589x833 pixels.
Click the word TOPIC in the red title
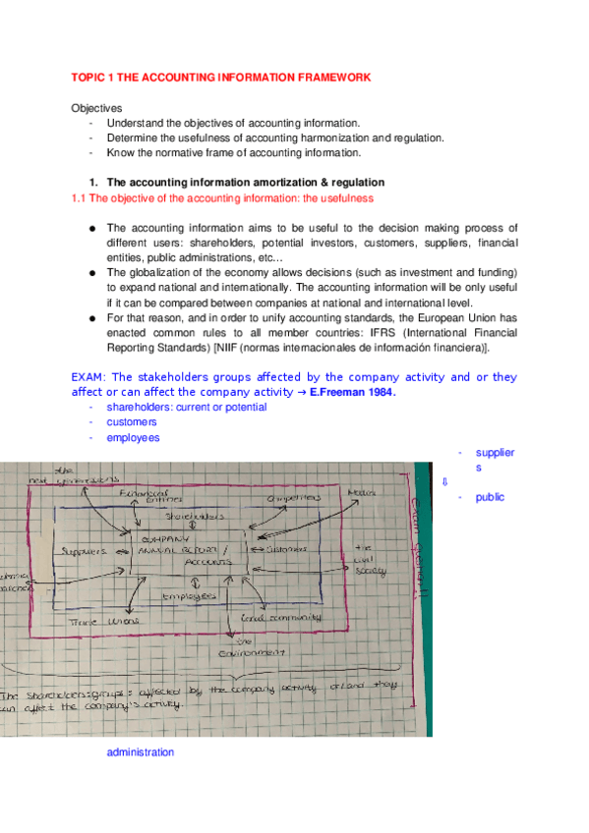(88, 78)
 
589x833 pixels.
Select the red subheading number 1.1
(80, 197)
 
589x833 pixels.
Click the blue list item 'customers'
(132, 422)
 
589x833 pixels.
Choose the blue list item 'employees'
(133, 438)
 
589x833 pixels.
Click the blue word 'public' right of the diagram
(490, 497)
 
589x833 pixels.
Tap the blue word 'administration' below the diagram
(140, 752)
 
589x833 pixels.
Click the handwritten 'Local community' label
(282, 618)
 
